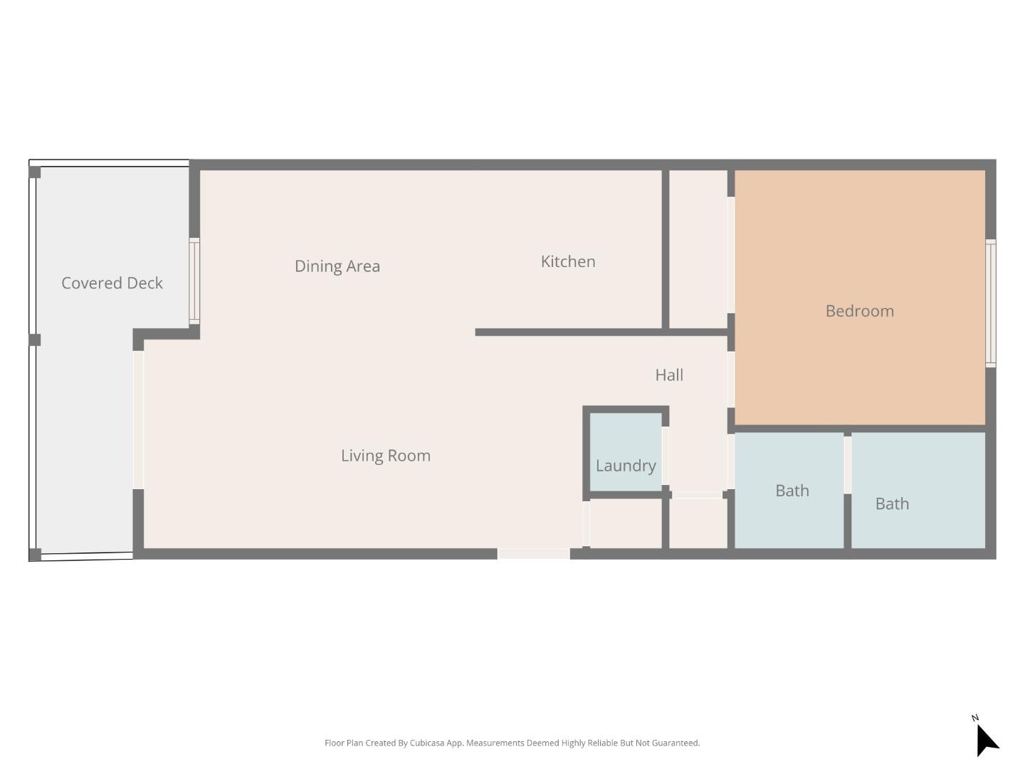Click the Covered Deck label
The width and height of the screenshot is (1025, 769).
click(x=112, y=283)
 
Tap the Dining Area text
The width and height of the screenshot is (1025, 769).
click(x=337, y=266)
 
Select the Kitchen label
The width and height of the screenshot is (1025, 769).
click(x=567, y=261)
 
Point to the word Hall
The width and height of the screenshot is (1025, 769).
click(x=669, y=375)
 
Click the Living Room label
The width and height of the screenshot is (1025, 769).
click(x=385, y=456)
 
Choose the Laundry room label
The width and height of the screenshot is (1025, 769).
click(x=625, y=466)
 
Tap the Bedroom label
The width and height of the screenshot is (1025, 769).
click(x=859, y=311)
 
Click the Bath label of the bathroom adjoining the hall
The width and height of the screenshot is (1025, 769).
click(x=792, y=491)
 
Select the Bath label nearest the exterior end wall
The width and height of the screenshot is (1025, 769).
click(x=891, y=504)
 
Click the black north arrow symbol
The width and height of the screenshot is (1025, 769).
click(x=986, y=741)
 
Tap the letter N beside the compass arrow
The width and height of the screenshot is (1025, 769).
click(x=975, y=718)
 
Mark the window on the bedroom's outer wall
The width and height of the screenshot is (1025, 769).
click(x=990, y=303)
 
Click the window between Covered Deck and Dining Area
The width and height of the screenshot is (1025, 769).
click(x=194, y=281)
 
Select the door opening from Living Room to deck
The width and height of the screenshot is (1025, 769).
click(x=138, y=419)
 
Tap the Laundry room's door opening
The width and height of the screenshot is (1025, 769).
click(x=665, y=456)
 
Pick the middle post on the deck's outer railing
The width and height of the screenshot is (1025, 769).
click(x=34, y=340)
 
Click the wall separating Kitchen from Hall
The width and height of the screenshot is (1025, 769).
click(x=569, y=332)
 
